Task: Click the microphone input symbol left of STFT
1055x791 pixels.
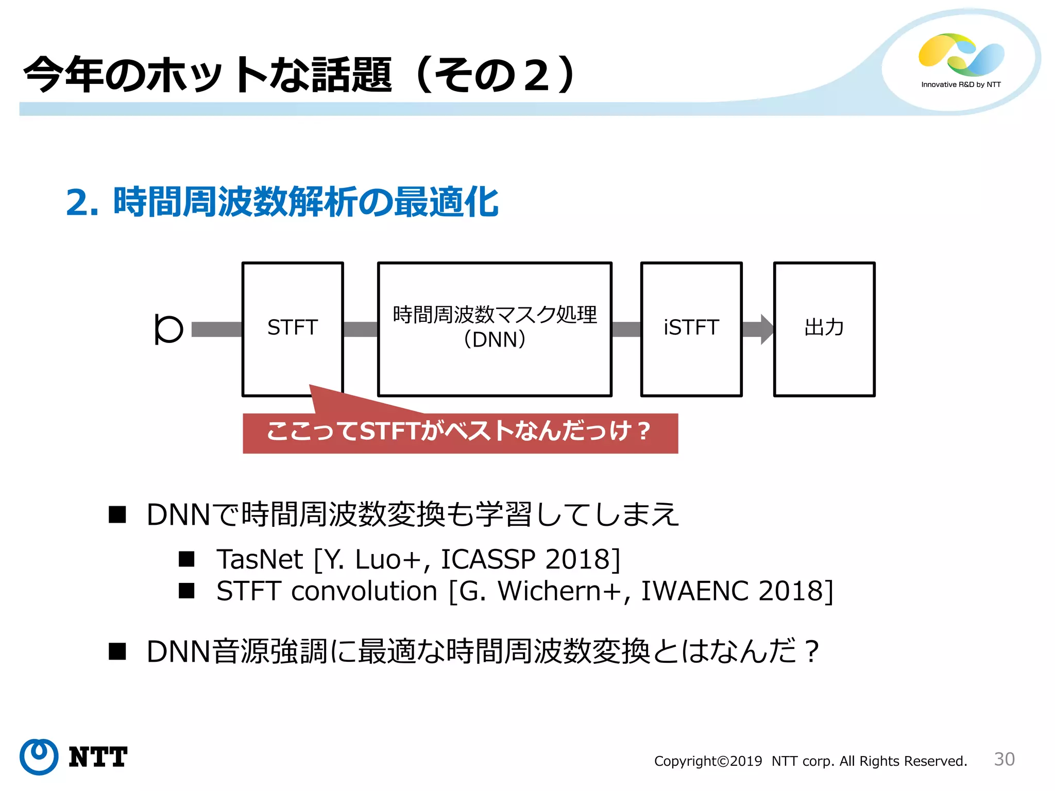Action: (168, 329)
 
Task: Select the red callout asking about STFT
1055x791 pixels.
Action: (460, 432)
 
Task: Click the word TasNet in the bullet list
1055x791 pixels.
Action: (260, 559)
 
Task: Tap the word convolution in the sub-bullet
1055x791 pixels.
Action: (364, 591)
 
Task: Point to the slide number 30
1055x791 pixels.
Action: (1004, 759)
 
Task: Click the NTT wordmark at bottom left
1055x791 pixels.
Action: (98, 757)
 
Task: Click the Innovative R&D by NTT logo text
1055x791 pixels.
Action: (961, 84)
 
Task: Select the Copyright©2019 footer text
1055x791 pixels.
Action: (708, 761)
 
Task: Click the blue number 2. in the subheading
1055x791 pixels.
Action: (82, 202)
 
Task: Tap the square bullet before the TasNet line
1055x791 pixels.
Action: (186, 559)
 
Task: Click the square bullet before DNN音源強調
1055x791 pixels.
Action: (117, 651)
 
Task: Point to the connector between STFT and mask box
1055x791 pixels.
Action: (360, 329)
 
